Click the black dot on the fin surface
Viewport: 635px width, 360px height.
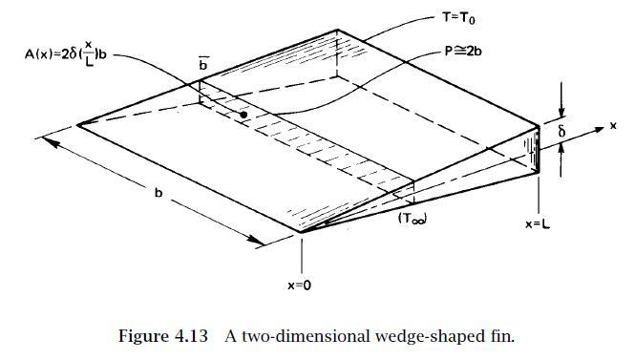tap(244, 115)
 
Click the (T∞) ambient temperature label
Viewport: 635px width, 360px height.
tap(413, 218)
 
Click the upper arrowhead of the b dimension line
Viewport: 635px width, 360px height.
tap(47, 143)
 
